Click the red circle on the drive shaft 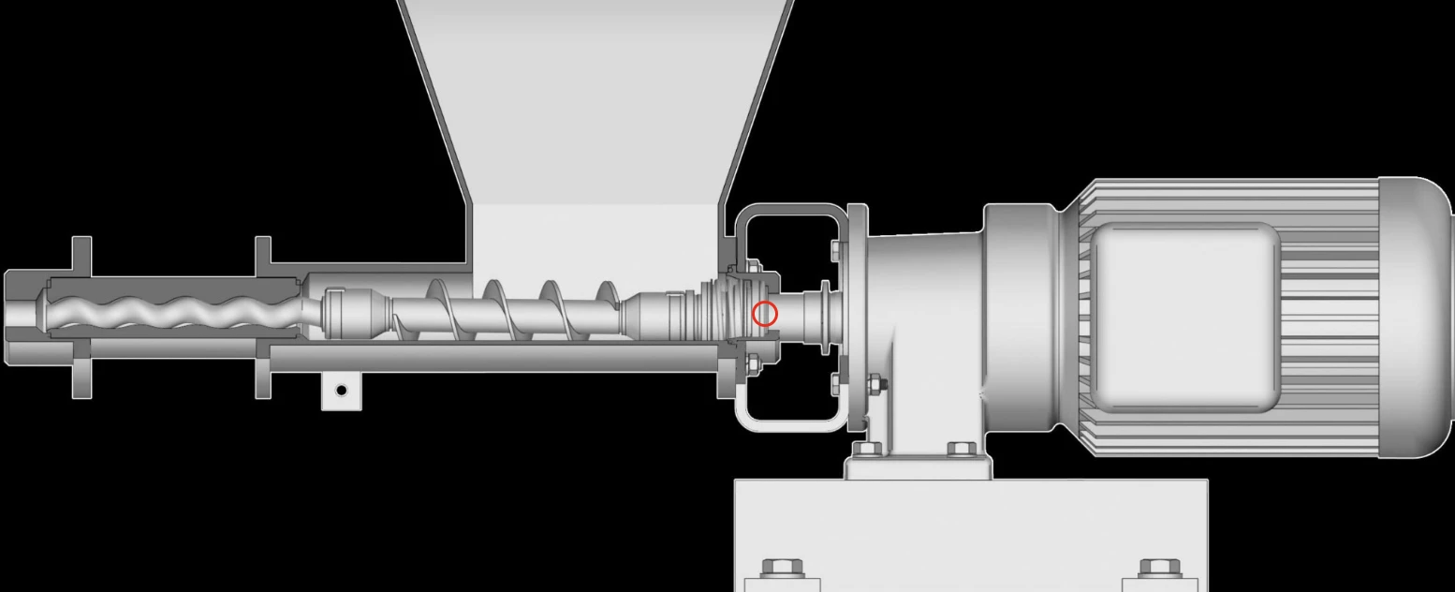[x=765, y=314]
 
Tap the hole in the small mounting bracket [x=342, y=390]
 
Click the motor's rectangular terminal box [x=1184, y=317]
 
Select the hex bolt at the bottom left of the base [x=782, y=569]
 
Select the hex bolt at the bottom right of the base [x=1159, y=569]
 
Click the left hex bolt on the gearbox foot [x=865, y=450]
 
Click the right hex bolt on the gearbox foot [x=962, y=450]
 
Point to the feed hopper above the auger [x=595, y=112]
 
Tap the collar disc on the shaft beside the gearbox [x=823, y=317]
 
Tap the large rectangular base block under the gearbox [x=971, y=525]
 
